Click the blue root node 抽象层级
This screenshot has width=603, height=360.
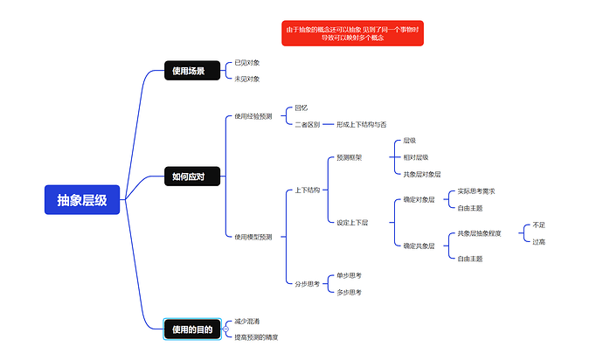point(82,201)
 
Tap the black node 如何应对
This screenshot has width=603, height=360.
point(189,177)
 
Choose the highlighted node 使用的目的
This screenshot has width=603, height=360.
point(192,329)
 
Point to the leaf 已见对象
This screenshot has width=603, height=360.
point(247,63)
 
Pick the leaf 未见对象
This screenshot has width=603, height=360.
point(247,79)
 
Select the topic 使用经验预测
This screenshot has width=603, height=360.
point(253,115)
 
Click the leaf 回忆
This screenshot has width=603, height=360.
point(301,107)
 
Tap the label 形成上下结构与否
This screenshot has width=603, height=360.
point(361,124)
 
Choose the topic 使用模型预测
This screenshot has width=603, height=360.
point(253,237)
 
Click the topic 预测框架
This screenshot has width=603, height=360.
point(350,158)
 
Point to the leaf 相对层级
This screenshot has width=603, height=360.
point(416,157)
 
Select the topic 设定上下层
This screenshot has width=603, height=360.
point(352,222)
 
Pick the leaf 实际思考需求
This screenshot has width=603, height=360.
point(476,191)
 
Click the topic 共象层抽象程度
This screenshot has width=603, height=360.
point(479,233)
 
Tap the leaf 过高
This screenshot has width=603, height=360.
point(539,242)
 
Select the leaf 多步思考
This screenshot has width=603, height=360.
point(350,292)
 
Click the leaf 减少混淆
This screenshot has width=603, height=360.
point(247,321)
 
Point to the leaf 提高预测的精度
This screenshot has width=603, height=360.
point(256,337)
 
